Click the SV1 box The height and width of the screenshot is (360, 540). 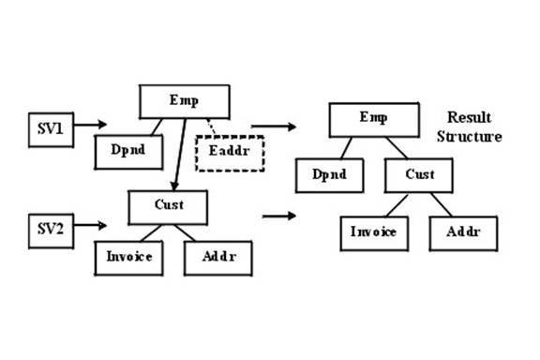click(51, 130)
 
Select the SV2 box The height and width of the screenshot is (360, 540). click(51, 231)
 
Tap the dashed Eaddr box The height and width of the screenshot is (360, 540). click(230, 154)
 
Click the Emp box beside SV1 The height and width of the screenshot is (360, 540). click(185, 101)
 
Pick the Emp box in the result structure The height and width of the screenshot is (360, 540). click(374, 120)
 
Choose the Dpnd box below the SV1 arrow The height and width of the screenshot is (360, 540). click(128, 152)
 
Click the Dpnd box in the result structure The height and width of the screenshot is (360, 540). click(330, 175)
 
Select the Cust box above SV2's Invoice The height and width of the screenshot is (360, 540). click(168, 207)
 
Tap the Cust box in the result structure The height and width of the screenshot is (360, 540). click(419, 175)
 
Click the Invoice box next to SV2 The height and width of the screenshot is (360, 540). click(128, 258)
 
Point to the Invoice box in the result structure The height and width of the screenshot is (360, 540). click(374, 233)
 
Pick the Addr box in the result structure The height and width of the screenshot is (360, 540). click(463, 233)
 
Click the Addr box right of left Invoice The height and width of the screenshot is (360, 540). click(218, 258)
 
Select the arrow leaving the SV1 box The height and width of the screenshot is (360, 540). click(91, 125)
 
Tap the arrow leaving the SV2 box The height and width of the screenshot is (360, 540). click(90, 225)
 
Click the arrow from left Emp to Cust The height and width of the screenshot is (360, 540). click(180, 155)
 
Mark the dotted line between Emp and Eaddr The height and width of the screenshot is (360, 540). click(211, 127)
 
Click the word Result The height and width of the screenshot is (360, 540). click(469, 117)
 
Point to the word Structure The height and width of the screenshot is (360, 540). click(470, 137)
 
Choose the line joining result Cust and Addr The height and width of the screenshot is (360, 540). click(442, 204)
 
